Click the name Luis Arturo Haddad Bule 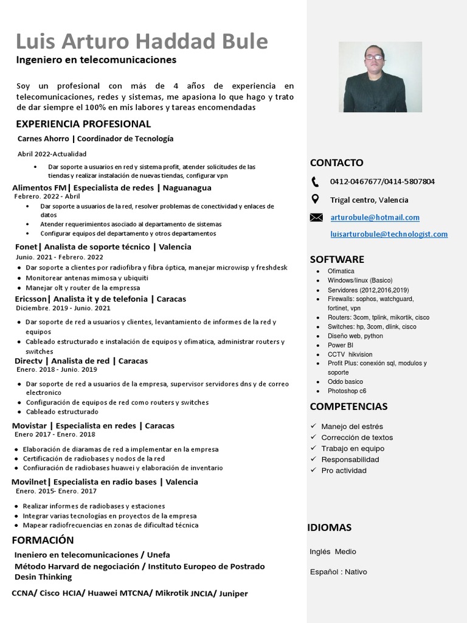tap(142, 41)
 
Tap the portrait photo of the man tap(380, 77)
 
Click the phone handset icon tap(315, 181)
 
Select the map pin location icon tap(315, 199)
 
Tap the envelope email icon tap(316, 217)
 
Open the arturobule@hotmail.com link tap(375, 217)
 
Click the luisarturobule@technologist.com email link tap(389, 234)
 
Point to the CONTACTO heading tap(336, 162)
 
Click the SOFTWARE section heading tap(337, 259)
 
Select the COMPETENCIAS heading tap(348, 406)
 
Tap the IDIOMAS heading tap(329, 527)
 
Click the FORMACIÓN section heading tap(43, 540)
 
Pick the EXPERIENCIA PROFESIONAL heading tap(83, 124)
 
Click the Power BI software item tap(341, 345)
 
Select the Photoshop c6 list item tap(347, 391)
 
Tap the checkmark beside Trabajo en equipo tap(313, 448)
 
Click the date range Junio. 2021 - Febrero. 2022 tap(60, 257)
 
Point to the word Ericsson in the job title tap(31, 299)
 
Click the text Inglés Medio tap(333, 552)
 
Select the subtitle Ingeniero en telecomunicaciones tap(96, 60)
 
